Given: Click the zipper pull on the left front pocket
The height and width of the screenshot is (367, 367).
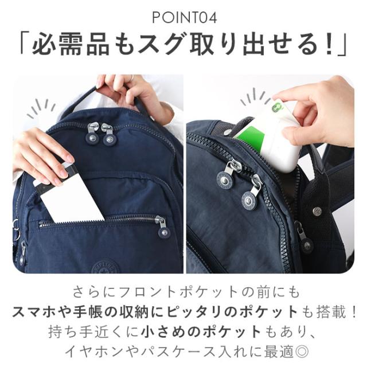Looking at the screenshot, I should click(x=162, y=227).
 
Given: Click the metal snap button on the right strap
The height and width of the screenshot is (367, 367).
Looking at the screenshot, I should click(x=317, y=211).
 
